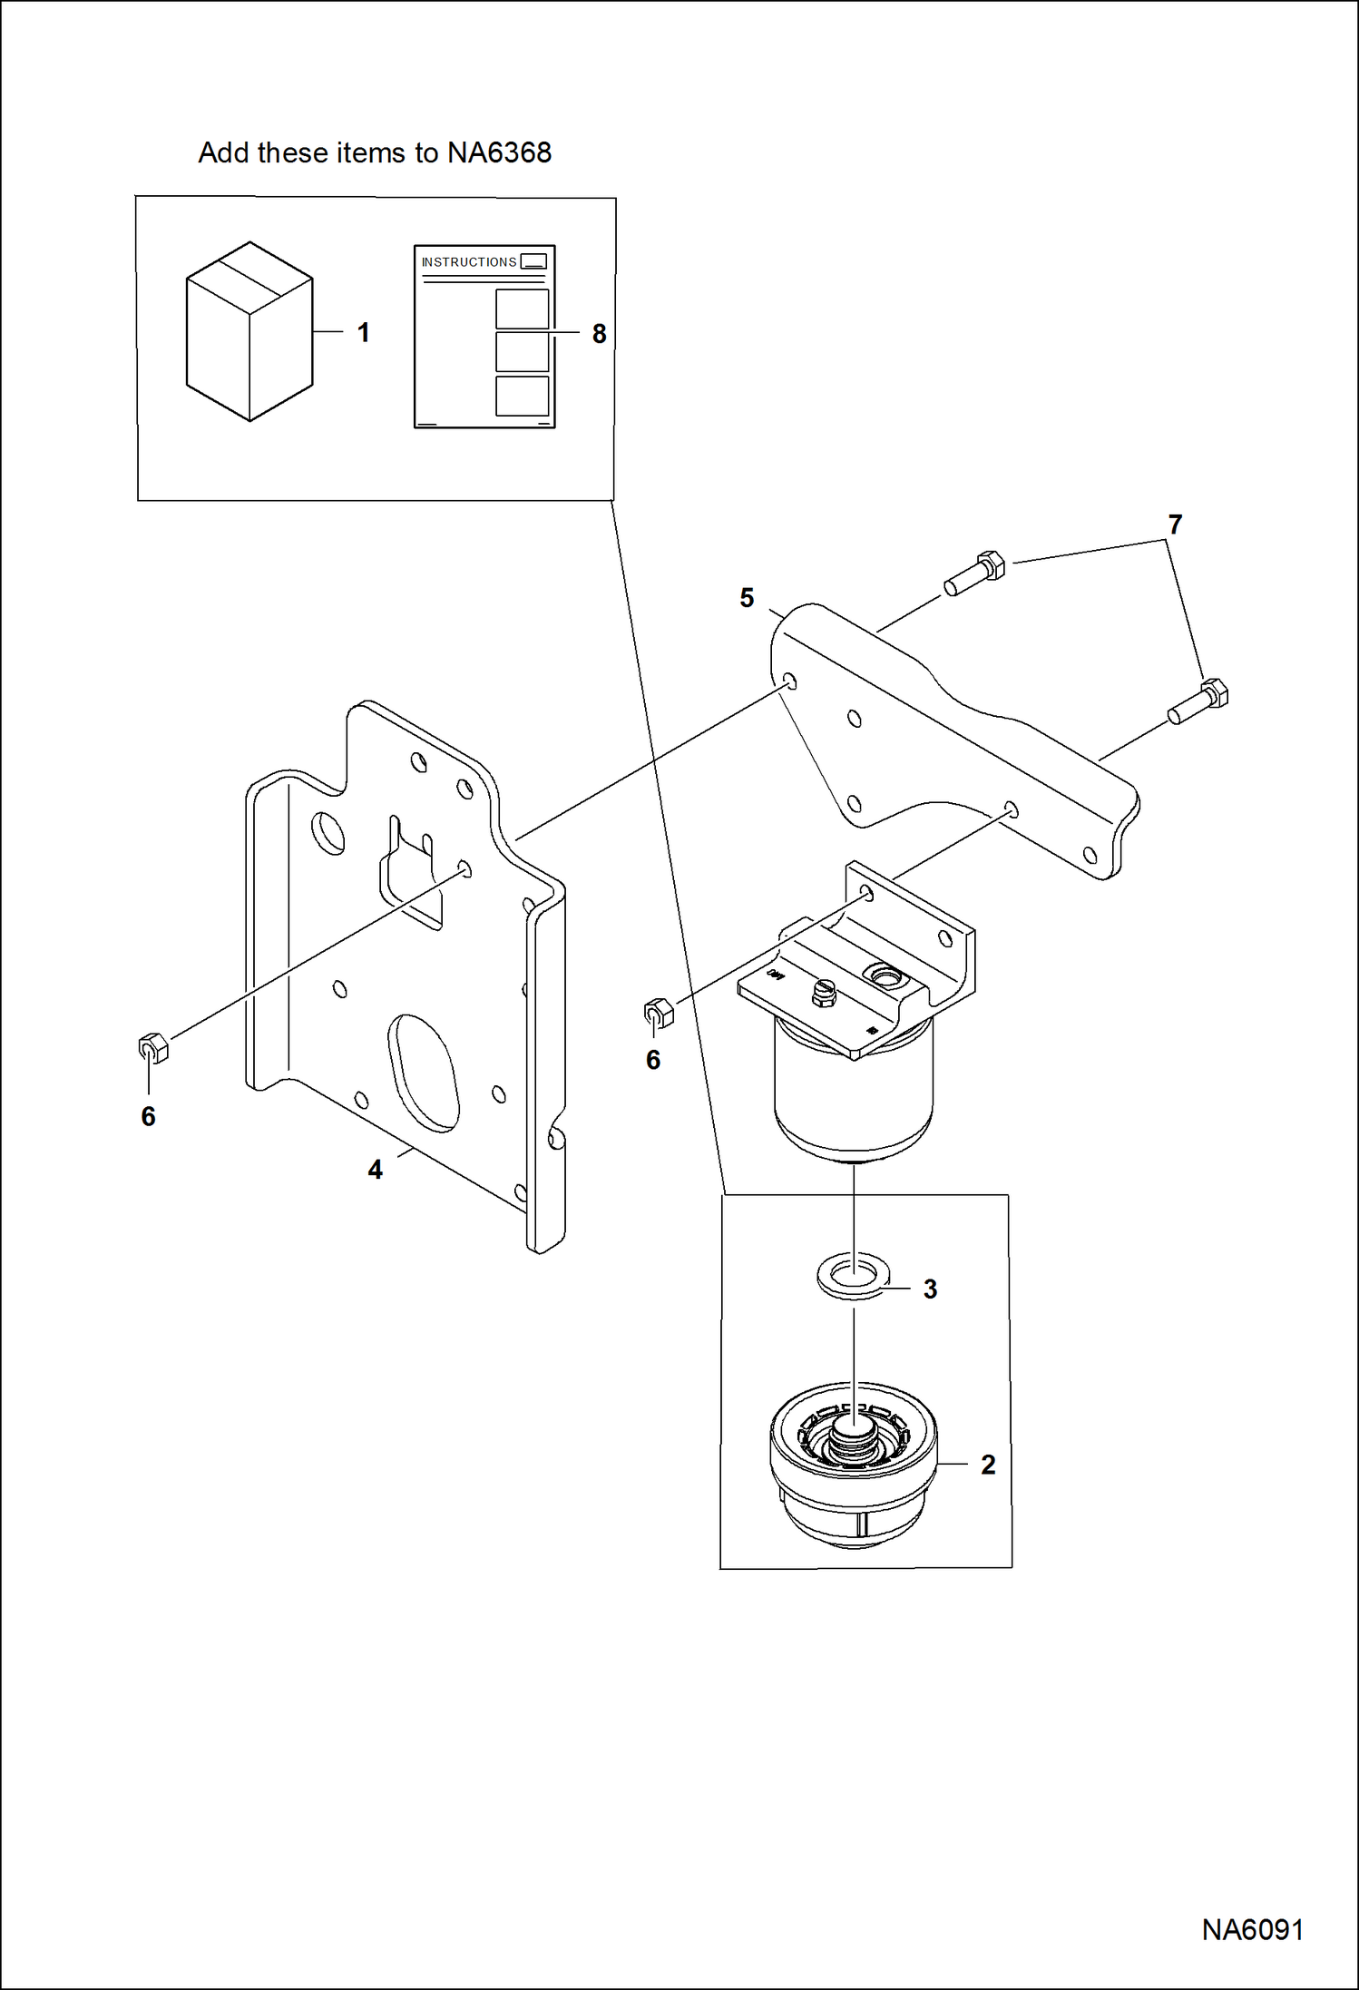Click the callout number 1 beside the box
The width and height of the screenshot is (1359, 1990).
[x=363, y=333]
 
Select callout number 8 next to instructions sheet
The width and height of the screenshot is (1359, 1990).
[x=599, y=334]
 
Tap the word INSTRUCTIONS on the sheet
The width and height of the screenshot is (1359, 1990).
[x=469, y=262]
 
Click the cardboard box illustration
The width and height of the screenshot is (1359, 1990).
[x=249, y=331]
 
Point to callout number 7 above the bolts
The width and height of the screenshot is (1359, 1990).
[x=1175, y=524]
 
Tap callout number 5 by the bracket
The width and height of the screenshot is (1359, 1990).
[x=747, y=598]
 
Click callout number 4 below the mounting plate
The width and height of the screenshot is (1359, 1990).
[x=375, y=1170]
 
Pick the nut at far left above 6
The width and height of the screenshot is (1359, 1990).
[x=152, y=1048]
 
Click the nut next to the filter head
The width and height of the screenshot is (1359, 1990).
[x=659, y=1013]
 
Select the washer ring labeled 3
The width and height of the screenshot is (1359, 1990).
[x=854, y=1276]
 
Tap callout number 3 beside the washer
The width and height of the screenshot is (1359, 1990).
[x=930, y=1289]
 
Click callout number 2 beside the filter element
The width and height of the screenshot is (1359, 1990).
[x=988, y=1465]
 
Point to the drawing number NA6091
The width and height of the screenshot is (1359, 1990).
[x=1252, y=1930]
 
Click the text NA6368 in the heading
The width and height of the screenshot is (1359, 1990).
[x=499, y=152]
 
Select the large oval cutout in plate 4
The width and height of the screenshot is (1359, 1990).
[x=423, y=1073]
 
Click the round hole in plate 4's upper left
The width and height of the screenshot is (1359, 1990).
[x=328, y=832]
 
